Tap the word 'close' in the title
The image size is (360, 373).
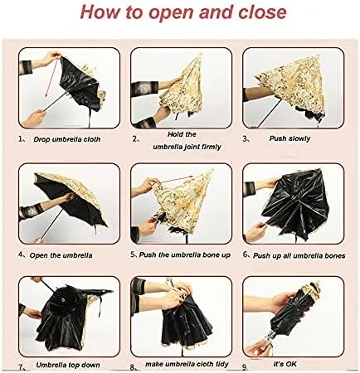(262, 12)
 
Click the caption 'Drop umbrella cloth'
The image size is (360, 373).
(67, 139)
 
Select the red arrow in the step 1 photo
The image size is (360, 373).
(51, 79)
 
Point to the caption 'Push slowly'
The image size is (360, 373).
(289, 138)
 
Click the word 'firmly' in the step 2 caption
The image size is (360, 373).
(210, 147)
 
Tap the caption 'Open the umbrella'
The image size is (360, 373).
(61, 255)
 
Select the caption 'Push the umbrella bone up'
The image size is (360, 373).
(185, 254)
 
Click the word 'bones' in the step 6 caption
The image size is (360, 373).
(335, 255)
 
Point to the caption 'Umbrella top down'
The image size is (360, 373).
(68, 365)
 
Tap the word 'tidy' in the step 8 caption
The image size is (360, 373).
(221, 364)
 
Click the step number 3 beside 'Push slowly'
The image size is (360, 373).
(245, 138)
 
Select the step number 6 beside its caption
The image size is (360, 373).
(246, 254)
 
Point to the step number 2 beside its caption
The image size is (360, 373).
(134, 139)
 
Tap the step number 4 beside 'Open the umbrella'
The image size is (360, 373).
(21, 254)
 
